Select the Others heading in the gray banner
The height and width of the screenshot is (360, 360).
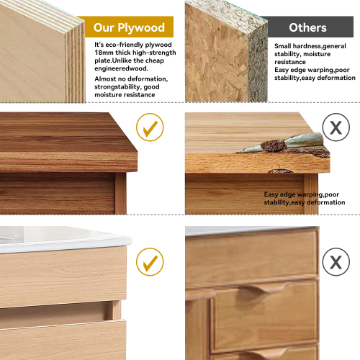(x=307, y=27)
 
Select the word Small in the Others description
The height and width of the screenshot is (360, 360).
(x=282, y=46)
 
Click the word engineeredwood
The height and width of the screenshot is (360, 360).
(x=121, y=68)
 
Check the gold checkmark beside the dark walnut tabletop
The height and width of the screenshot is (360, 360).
(x=150, y=127)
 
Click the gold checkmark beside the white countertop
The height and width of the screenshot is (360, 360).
(x=150, y=262)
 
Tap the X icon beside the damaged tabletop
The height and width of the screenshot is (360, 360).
(x=336, y=127)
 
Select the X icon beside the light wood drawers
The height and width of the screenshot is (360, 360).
(x=336, y=262)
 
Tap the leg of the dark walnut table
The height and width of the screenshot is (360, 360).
(x=120, y=193)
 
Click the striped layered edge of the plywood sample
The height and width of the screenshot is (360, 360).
(x=75, y=63)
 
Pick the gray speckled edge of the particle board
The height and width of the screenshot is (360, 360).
(x=258, y=65)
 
